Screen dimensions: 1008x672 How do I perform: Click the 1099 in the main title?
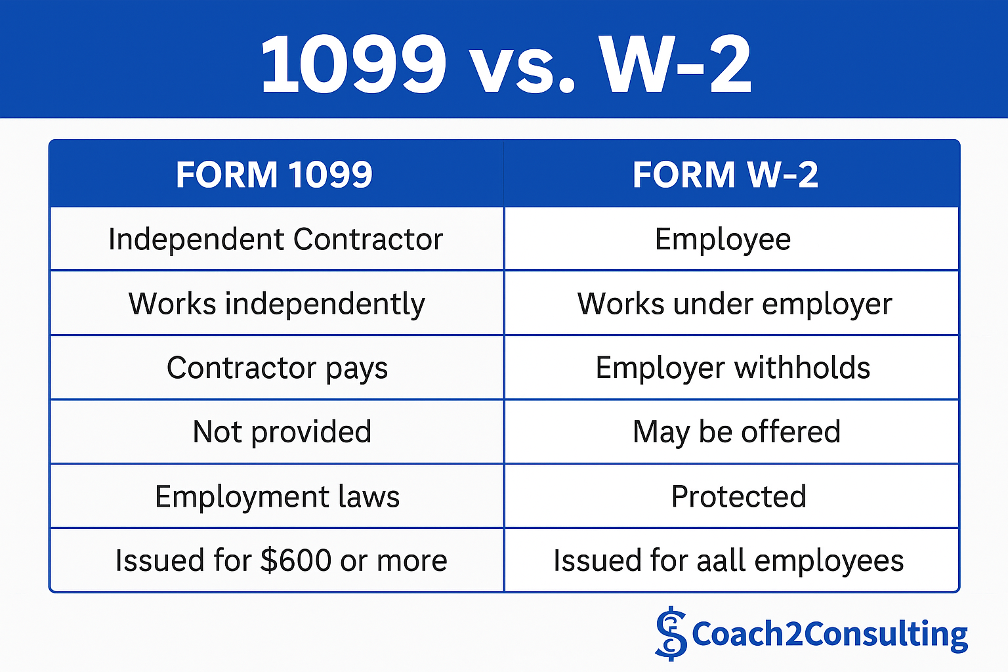pos(354,64)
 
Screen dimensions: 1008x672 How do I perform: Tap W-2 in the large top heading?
pos(677,64)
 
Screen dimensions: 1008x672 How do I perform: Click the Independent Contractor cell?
pos(276,239)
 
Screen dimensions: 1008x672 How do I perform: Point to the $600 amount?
pos(297,560)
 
